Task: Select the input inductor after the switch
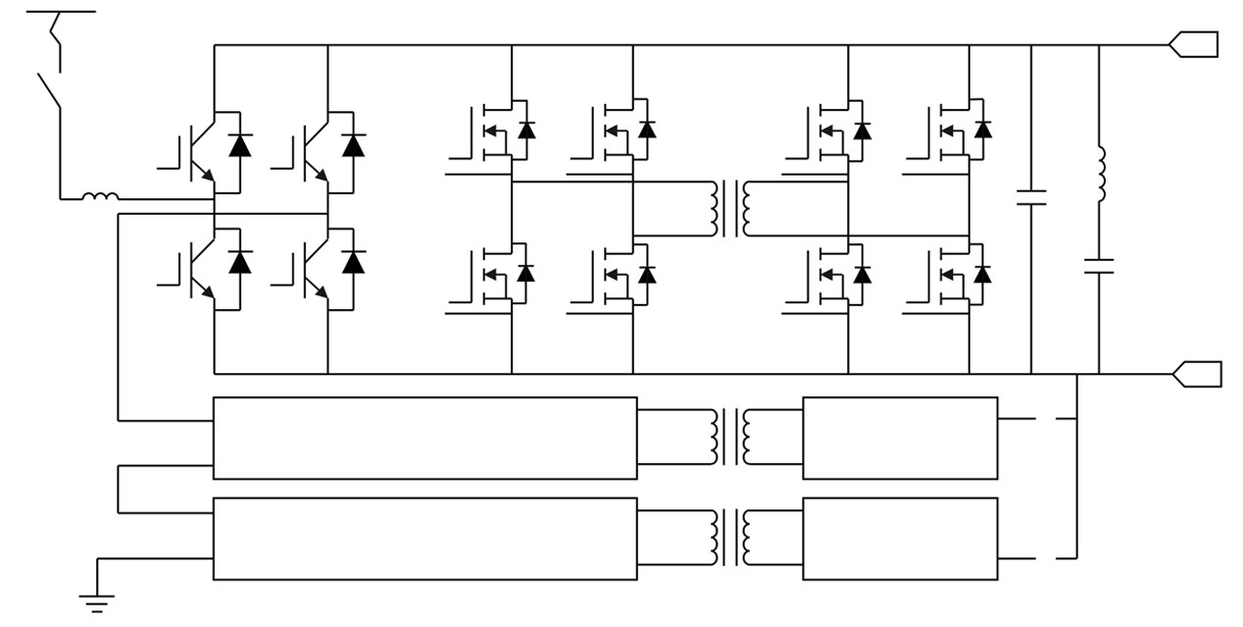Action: [x=99, y=198]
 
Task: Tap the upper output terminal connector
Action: [x=1193, y=44]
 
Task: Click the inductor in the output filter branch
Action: [x=1099, y=176]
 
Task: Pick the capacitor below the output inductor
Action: [x=1099, y=264]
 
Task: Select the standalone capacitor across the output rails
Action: [x=1031, y=196]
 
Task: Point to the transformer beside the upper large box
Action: [x=729, y=437]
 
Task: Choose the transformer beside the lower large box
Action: [x=729, y=538]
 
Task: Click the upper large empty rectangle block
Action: [x=424, y=438]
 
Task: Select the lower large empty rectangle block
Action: [x=424, y=539]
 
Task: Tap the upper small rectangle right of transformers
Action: [x=900, y=438]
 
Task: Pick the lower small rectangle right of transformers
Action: [x=900, y=539]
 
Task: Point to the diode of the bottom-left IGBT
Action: [x=239, y=262]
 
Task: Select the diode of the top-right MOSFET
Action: [x=982, y=130]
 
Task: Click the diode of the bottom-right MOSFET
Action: [x=982, y=274]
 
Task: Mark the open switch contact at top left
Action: [x=50, y=88]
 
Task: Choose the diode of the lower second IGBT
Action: [x=353, y=262]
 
